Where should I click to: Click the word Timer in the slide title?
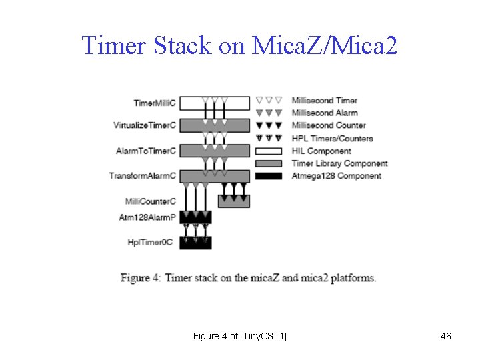point(114,45)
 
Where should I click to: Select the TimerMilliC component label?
point(155,103)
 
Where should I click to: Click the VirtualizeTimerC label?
point(145,125)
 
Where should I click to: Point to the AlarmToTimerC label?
point(146,151)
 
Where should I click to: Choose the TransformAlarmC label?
point(143,176)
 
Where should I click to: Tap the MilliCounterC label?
point(151,201)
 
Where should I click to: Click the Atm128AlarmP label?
point(147,217)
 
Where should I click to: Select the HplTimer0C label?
point(150,242)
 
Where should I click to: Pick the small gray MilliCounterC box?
point(234,201)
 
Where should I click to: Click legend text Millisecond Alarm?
point(325,113)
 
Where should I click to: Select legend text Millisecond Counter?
point(329,125)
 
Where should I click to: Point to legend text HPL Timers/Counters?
point(333,138)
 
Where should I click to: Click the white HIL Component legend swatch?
point(270,151)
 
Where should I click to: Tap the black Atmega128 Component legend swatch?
point(270,176)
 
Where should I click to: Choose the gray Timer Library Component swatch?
point(270,163)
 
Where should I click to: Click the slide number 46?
point(446,336)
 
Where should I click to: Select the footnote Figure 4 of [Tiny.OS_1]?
point(240,336)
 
